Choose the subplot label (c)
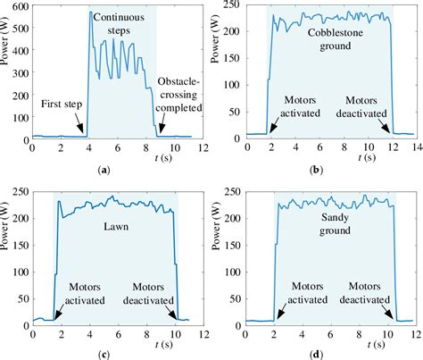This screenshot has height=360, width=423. point(105,354)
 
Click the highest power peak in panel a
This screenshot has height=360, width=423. point(90,12)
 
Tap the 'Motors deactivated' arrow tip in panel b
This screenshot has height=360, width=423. point(390,132)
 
